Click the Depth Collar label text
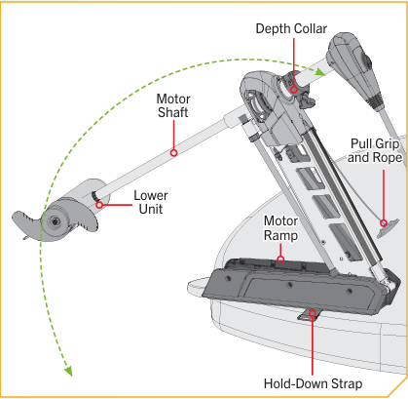click(291, 29)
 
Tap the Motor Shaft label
click(173, 105)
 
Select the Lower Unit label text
click(151, 202)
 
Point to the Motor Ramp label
click(280, 228)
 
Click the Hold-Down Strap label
click(313, 383)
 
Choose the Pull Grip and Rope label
click(375, 150)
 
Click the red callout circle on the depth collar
click(293, 90)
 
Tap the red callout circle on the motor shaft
click(173, 152)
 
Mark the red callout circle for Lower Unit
click(99, 205)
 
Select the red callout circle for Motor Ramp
click(280, 259)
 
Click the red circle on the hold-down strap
click(313, 313)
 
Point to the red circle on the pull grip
click(384, 223)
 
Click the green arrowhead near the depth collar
click(320, 71)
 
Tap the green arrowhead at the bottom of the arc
click(68, 371)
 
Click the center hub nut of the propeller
click(55, 221)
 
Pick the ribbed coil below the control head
click(376, 100)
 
